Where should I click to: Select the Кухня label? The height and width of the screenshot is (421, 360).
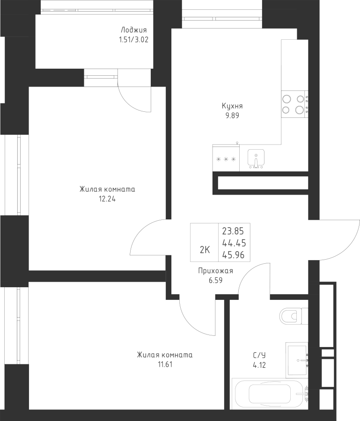click(232, 106)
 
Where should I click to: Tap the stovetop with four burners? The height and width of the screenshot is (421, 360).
click(294, 104)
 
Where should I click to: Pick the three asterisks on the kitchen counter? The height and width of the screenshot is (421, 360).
click(226, 159)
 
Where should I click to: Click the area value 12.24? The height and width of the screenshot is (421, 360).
click(107, 198)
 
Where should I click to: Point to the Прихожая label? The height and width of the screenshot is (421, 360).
click(216, 271)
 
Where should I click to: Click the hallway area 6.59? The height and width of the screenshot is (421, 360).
click(216, 280)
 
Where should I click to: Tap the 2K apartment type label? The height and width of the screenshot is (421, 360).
click(205, 250)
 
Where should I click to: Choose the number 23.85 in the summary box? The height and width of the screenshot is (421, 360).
click(235, 230)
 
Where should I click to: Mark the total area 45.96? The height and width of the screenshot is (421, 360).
click(235, 254)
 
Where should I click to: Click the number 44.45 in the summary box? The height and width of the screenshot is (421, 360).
click(235, 242)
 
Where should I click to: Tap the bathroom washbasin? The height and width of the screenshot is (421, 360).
click(297, 359)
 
